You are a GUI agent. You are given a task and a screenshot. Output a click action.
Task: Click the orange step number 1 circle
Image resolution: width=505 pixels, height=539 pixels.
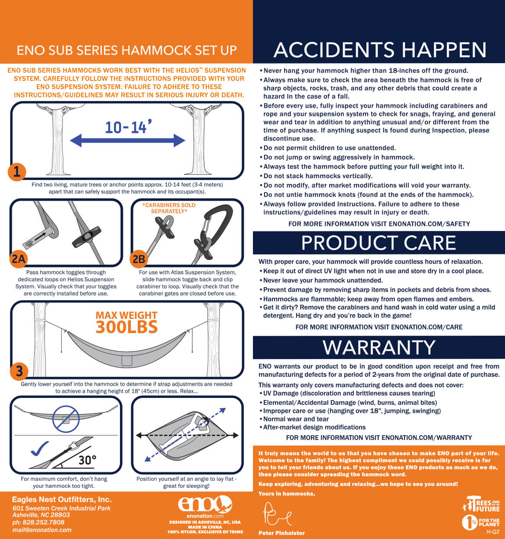coord(17,172)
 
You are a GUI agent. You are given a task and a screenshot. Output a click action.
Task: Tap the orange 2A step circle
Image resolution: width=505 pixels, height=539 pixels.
coord(18,259)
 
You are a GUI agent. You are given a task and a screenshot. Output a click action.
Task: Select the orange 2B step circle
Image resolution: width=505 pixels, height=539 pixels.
coord(139,259)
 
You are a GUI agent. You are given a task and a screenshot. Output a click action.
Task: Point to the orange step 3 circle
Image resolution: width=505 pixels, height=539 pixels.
coord(19,371)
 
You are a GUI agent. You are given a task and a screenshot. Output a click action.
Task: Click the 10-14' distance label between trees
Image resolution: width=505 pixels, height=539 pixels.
coord(128,127)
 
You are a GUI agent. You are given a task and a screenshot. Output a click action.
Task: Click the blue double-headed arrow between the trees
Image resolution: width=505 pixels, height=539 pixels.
coord(127,141)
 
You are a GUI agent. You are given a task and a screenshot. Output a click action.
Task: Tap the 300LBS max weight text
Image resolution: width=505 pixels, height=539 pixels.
coord(126,327)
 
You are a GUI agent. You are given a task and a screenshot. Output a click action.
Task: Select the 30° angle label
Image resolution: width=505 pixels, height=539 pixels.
coord(87,460)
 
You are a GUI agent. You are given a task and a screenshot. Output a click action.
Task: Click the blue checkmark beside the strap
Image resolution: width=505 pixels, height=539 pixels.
coord(39,448)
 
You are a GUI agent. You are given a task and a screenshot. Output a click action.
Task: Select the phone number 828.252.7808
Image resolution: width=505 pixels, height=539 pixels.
coord(43,522)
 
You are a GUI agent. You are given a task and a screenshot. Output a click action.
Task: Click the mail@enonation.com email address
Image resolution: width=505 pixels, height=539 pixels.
coord(42,530)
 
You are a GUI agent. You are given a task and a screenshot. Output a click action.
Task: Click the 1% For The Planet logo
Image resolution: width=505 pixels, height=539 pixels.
coord(481,523)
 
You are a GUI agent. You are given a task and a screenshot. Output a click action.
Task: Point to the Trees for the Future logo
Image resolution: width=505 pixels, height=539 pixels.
coord(481,504)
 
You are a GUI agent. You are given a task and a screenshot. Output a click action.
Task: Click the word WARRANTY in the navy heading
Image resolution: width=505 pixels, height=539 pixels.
coord(379,347)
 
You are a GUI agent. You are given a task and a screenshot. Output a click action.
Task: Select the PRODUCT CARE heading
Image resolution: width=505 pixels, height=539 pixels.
coord(379,243)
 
